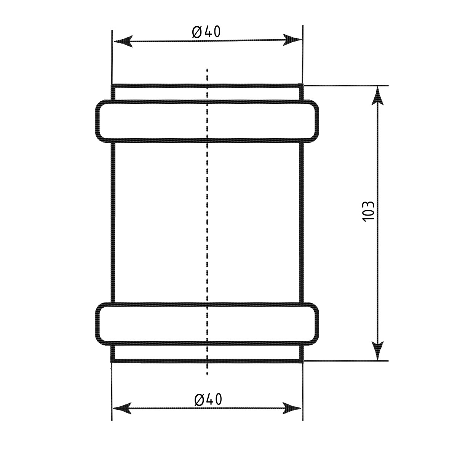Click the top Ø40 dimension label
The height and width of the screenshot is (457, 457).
[x=206, y=32]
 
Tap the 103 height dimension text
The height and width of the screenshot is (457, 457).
[x=368, y=211]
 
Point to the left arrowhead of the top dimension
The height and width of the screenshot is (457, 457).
[x=123, y=42]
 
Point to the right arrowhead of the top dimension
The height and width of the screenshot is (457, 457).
[x=292, y=40]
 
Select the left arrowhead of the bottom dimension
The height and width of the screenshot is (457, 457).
[x=122, y=408]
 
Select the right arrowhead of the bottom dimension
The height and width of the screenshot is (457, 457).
[x=292, y=408]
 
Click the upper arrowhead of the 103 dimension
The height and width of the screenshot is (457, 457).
[x=377, y=96]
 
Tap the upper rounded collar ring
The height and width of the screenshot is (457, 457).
[x=207, y=102]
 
